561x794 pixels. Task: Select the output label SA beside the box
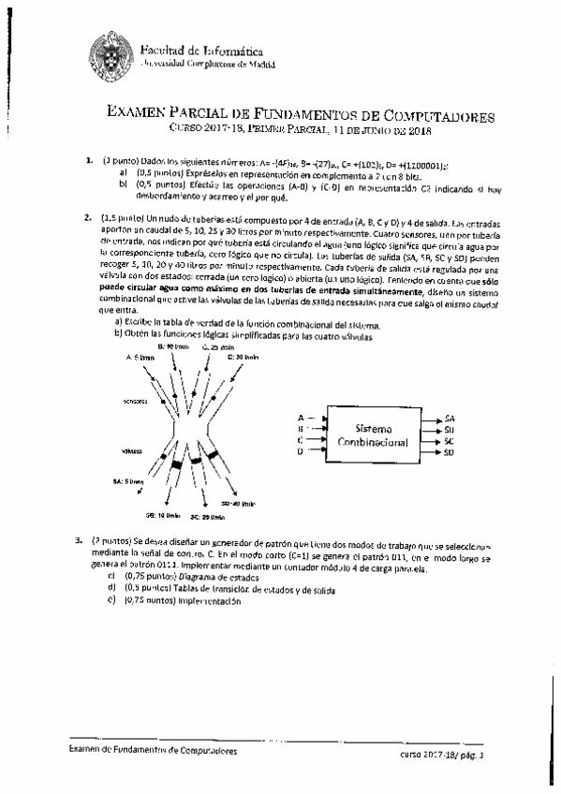tap(450, 418)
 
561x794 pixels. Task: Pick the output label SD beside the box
tap(450, 452)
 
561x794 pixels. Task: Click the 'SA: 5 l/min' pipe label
tap(127, 480)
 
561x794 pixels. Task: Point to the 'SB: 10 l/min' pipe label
tap(160, 513)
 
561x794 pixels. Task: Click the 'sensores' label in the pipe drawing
tap(134, 399)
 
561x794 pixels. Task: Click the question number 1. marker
tap(88, 161)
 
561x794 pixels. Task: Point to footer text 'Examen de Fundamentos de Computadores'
tap(153, 751)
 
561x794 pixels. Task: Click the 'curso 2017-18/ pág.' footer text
tap(436, 753)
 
